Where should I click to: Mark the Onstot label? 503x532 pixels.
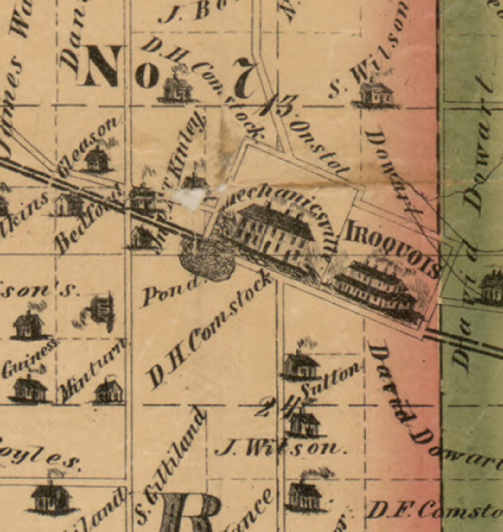(320, 149)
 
